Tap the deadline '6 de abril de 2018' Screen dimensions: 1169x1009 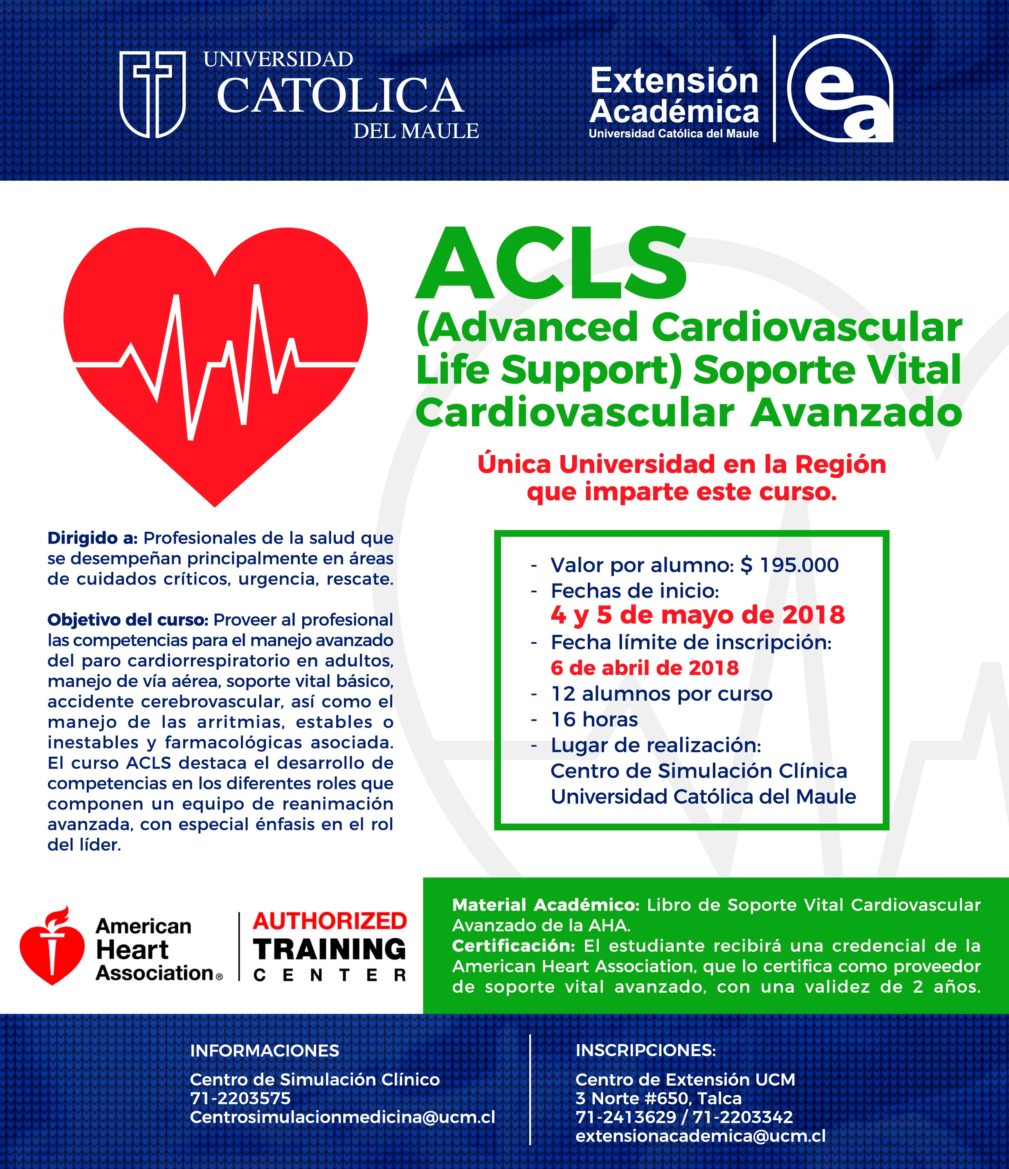(x=645, y=668)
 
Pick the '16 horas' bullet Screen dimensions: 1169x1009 (x=594, y=719)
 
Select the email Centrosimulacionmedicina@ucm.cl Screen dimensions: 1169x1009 (x=342, y=1117)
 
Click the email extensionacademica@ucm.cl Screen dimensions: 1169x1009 (x=700, y=1136)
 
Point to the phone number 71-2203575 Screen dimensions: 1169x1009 (x=240, y=1099)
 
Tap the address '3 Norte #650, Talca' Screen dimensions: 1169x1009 (x=658, y=1099)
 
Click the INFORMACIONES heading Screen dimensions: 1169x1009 (x=265, y=1050)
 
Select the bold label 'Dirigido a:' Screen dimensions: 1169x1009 (x=92, y=538)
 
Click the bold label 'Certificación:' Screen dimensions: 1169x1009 (x=513, y=946)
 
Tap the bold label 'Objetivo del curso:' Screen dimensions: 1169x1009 (x=128, y=620)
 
